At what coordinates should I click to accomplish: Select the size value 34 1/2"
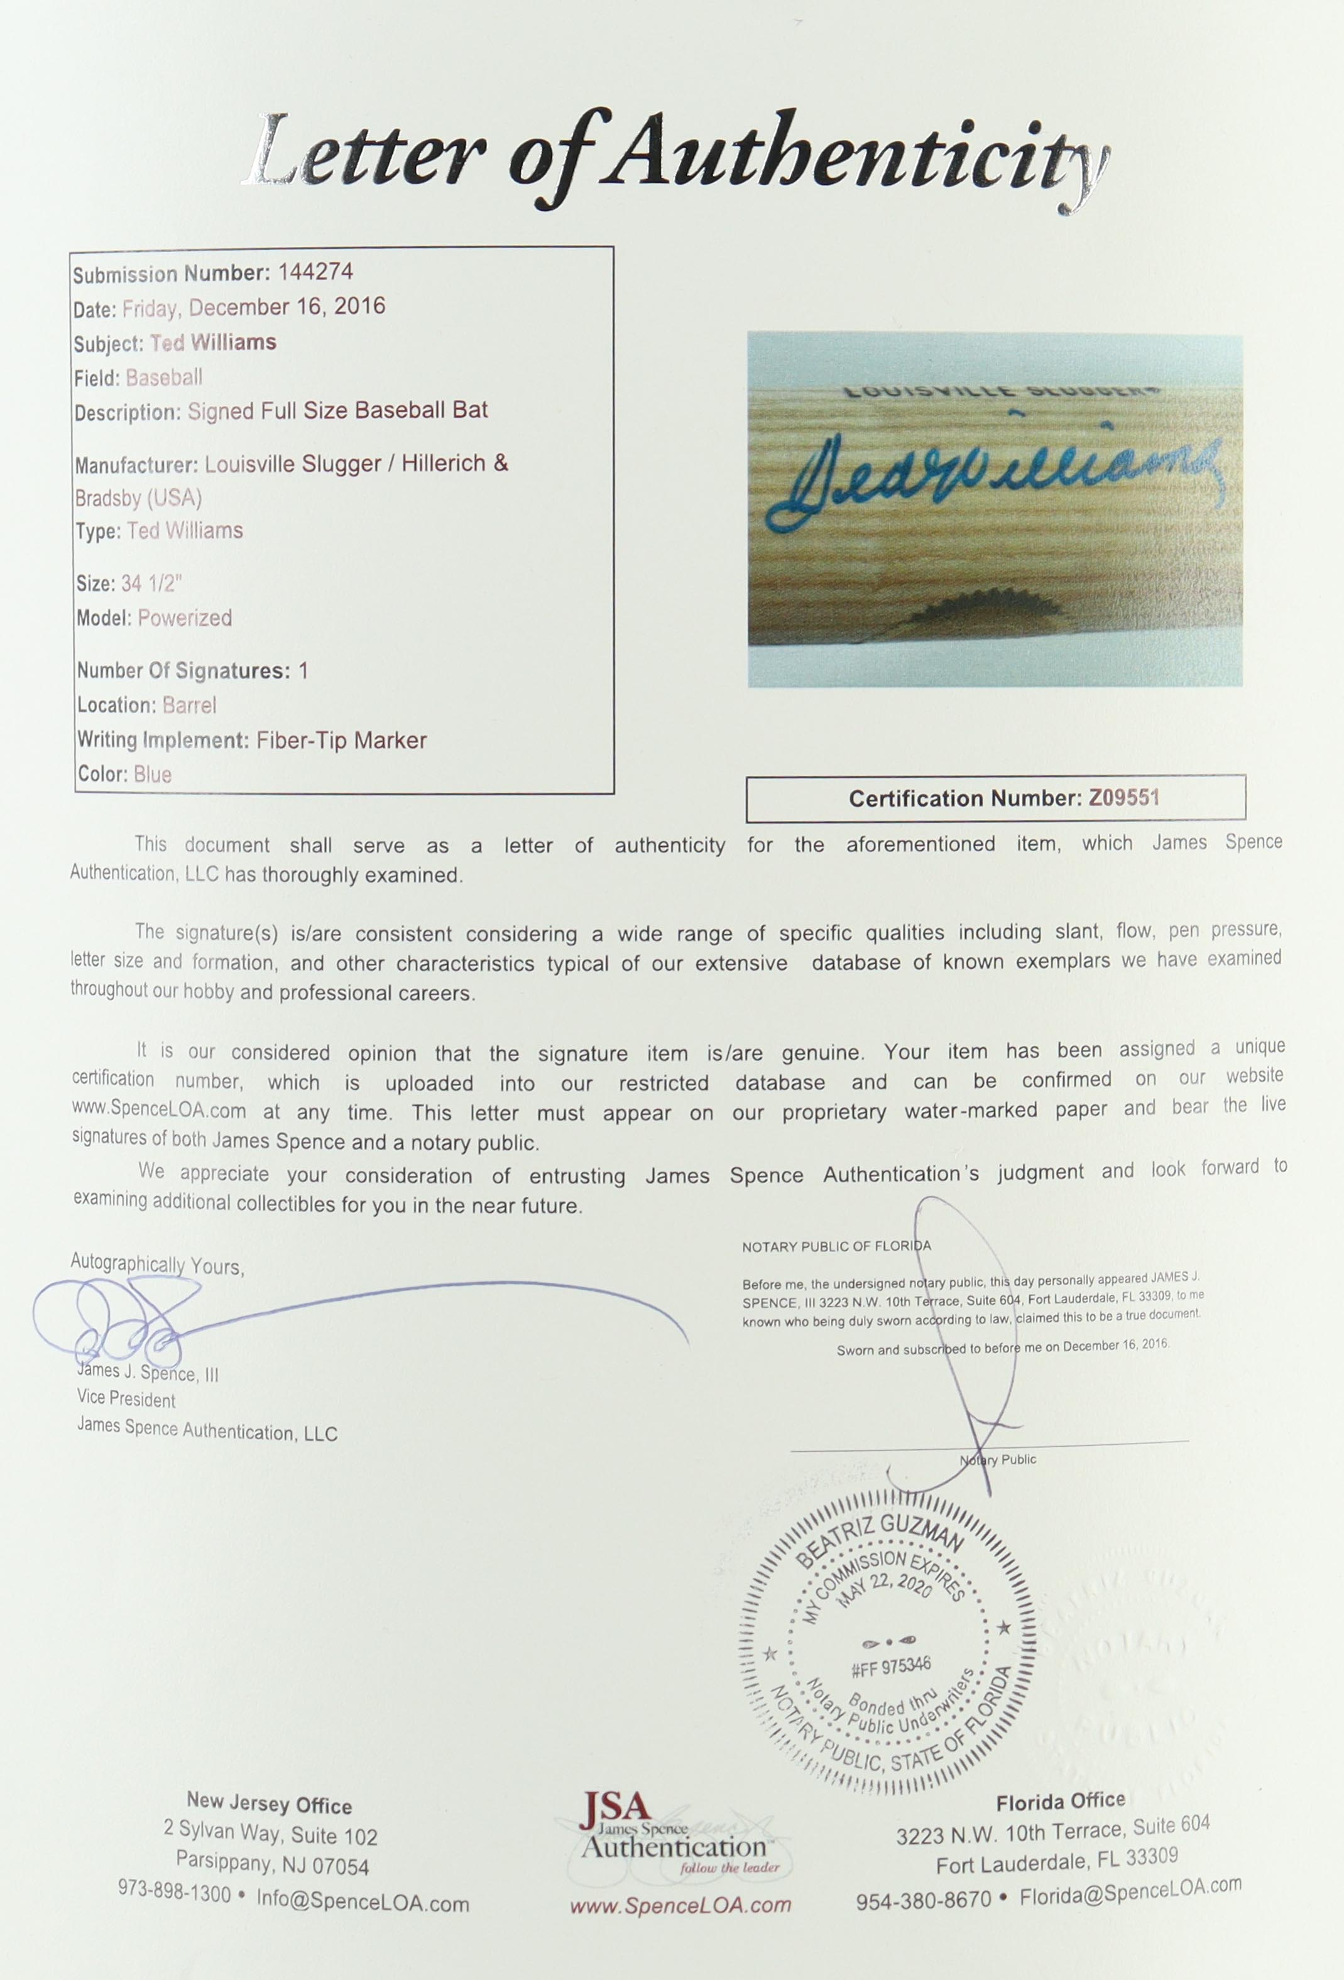151,584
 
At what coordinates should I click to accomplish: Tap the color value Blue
153,775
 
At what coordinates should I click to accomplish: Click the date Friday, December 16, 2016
253,308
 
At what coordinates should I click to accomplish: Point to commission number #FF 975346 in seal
890,1666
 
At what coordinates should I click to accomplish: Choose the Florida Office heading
1060,1803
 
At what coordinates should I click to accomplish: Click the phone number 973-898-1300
175,1894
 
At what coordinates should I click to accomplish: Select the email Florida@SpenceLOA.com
1130,1893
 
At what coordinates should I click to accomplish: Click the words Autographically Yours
157,1265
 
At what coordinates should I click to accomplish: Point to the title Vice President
126,1400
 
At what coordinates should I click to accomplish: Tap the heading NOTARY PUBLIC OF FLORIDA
836,1246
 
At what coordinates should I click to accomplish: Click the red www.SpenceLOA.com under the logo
680,1906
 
